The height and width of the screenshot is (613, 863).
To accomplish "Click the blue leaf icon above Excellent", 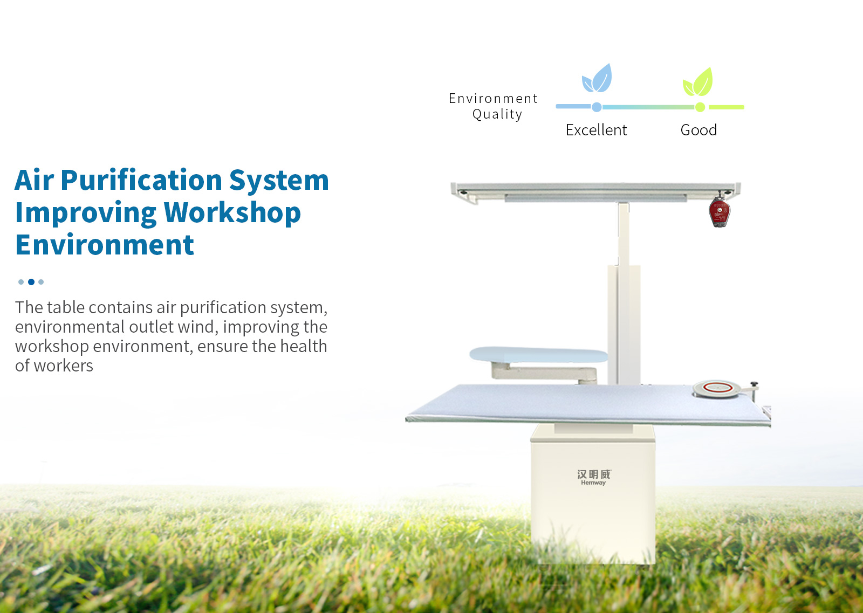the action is (x=597, y=78).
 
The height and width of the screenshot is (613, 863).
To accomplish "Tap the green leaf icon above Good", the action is (x=698, y=82).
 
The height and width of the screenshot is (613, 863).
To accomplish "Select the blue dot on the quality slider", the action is (x=597, y=107).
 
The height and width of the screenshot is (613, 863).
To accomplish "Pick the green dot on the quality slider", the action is (x=700, y=107).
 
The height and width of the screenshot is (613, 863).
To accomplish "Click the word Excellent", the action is (x=596, y=130).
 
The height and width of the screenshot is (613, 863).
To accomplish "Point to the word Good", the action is (x=698, y=130).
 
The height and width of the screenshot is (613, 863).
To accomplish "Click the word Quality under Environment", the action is (x=497, y=114).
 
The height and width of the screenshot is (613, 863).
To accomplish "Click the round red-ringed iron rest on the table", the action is (x=716, y=389).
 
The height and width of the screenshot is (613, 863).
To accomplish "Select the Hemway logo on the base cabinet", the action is (x=594, y=478).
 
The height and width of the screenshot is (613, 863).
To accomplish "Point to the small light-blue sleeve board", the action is (x=539, y=355).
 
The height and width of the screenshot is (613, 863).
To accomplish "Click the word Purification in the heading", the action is (x=141, y=181).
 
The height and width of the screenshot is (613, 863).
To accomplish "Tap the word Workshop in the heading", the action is (x=232, y=213).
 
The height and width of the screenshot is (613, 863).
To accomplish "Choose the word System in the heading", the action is (x=279, y=181).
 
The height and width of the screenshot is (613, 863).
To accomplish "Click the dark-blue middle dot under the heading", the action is (x=31, y=282).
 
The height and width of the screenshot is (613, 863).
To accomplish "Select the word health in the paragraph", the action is (x=303, y=346).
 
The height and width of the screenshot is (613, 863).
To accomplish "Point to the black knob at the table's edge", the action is (x=754, y=384).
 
